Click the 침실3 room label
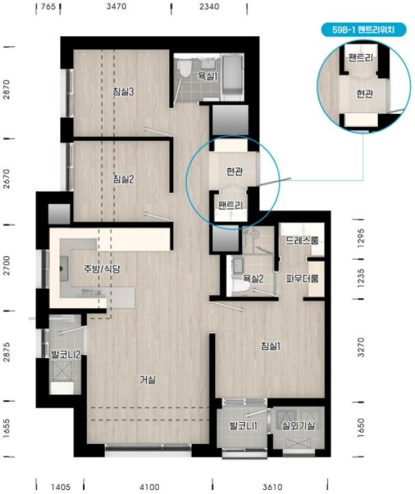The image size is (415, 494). point(123,92)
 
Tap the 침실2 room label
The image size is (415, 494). point(123,179)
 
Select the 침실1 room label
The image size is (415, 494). point(271,346)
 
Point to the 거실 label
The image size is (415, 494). point(147,379)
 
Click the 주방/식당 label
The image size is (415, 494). point(101,269)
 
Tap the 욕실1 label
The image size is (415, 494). point(207,76)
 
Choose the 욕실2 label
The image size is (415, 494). point(253,279)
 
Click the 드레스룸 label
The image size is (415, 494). point(302,240)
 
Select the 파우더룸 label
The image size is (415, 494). point(302,278)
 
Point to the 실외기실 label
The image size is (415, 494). point(299,425)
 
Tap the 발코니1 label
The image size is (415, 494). point(244,425)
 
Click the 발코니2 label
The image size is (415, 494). point(66,355)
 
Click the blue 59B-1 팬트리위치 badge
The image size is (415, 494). point(364,30)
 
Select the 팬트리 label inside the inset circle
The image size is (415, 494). point(361,58)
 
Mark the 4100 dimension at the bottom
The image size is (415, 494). point(149,487)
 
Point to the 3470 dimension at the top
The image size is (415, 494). point(116,6)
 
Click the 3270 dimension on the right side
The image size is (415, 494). point(361,347)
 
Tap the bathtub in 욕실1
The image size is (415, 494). point(233,76)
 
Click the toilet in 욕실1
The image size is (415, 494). point(184,69)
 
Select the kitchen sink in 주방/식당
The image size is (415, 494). point(64,268)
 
